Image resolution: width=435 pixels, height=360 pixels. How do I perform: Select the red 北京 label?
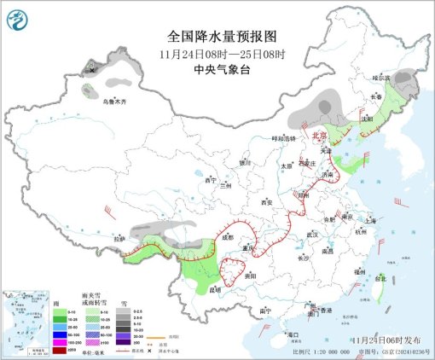coord(319,135)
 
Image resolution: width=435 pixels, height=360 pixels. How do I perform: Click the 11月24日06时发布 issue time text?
coord(380,340)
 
